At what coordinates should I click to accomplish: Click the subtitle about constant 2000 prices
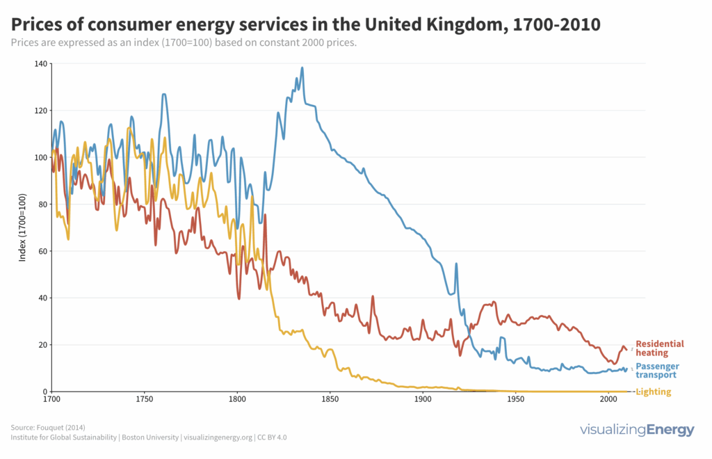[x=184, y=43]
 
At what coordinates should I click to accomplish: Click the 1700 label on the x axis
[x=51, y=401]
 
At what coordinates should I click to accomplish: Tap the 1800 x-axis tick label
[x=237, y=401]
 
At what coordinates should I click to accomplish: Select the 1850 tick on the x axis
[x=330, y=401]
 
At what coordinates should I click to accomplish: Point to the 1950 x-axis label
[x=516, y=401]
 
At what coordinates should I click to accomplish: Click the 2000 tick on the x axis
[x=609, y=401]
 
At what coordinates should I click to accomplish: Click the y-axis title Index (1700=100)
[x=22, y=227]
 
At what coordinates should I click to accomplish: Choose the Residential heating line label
[x=659, y=348]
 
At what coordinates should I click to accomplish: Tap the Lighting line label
[x=654, y=392]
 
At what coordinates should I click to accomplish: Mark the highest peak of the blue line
[x=302, y=68]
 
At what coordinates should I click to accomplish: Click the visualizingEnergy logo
[x=637, y=430]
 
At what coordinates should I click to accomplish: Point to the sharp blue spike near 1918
[x=456, y=264]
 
